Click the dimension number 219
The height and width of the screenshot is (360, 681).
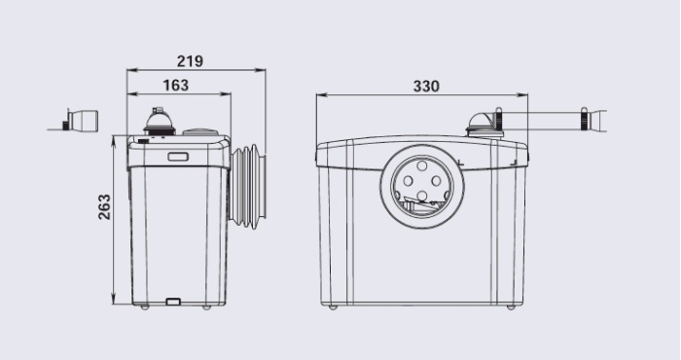(190, 61)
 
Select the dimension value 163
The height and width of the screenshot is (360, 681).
(176, 85)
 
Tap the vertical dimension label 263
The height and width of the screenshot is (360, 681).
(104, 206)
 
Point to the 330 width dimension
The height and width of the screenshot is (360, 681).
(426, 86)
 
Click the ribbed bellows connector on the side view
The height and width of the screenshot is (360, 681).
(248, 187)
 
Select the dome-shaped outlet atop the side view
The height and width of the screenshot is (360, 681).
(160, 121)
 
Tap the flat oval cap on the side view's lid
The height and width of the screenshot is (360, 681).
(199, 131)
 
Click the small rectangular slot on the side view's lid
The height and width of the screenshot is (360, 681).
(178, 157)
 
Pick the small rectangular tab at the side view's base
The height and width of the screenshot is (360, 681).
(173, 301)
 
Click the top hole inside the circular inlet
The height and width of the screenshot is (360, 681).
(422, 165)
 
